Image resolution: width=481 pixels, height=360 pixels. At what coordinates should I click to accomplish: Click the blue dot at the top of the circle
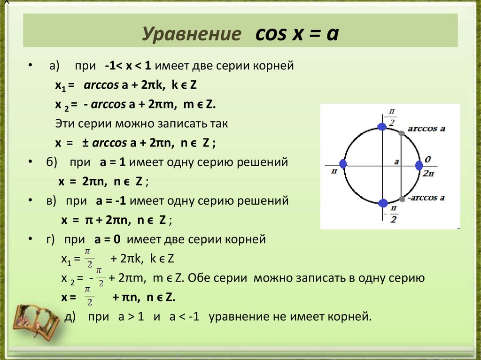[382, 125]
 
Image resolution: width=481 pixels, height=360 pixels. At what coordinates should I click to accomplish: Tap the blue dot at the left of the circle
[343, 164]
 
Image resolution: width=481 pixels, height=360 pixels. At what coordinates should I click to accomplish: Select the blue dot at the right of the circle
[419, 165]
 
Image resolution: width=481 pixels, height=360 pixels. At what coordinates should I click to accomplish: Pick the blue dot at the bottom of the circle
[383, 203]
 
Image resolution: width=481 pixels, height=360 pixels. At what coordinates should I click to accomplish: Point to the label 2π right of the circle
[427, 173]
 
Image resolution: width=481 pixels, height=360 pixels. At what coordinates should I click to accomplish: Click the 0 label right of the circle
[427, 159]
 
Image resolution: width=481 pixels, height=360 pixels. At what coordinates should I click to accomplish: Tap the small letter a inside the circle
[396, 161]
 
